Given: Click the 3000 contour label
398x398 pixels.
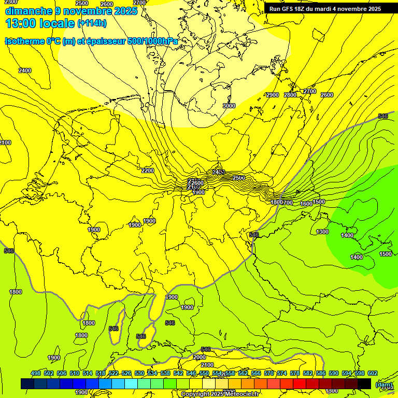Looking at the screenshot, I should coord(229,106).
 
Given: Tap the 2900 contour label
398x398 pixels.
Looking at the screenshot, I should coord(272,95).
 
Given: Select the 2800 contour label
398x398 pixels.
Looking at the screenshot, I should coord(291,95).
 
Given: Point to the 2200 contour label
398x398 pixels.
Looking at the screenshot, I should coord(148,170).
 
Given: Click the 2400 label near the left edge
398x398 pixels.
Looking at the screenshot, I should coord(24,70).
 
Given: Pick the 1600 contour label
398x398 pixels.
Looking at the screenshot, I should coord(306,204).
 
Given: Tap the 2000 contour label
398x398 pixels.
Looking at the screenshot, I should coord(200,357).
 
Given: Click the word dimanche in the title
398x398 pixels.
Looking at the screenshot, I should coord(27,11).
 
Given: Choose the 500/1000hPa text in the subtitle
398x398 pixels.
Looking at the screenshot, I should coord(152,41).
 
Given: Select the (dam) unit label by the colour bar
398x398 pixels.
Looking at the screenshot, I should coord(383,384).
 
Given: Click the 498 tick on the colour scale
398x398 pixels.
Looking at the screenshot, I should coord(36,373).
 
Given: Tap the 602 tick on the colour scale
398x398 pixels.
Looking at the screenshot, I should coord(372,373).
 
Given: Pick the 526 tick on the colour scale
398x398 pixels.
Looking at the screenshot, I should coord(126,373).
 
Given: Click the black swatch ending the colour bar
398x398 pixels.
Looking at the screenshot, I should coord(364,383).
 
